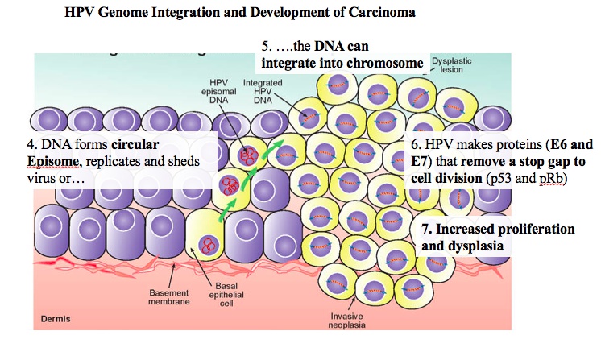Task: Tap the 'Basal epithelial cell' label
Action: [x=231, y=298]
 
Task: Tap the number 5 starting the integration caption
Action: [x=266, y=47]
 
